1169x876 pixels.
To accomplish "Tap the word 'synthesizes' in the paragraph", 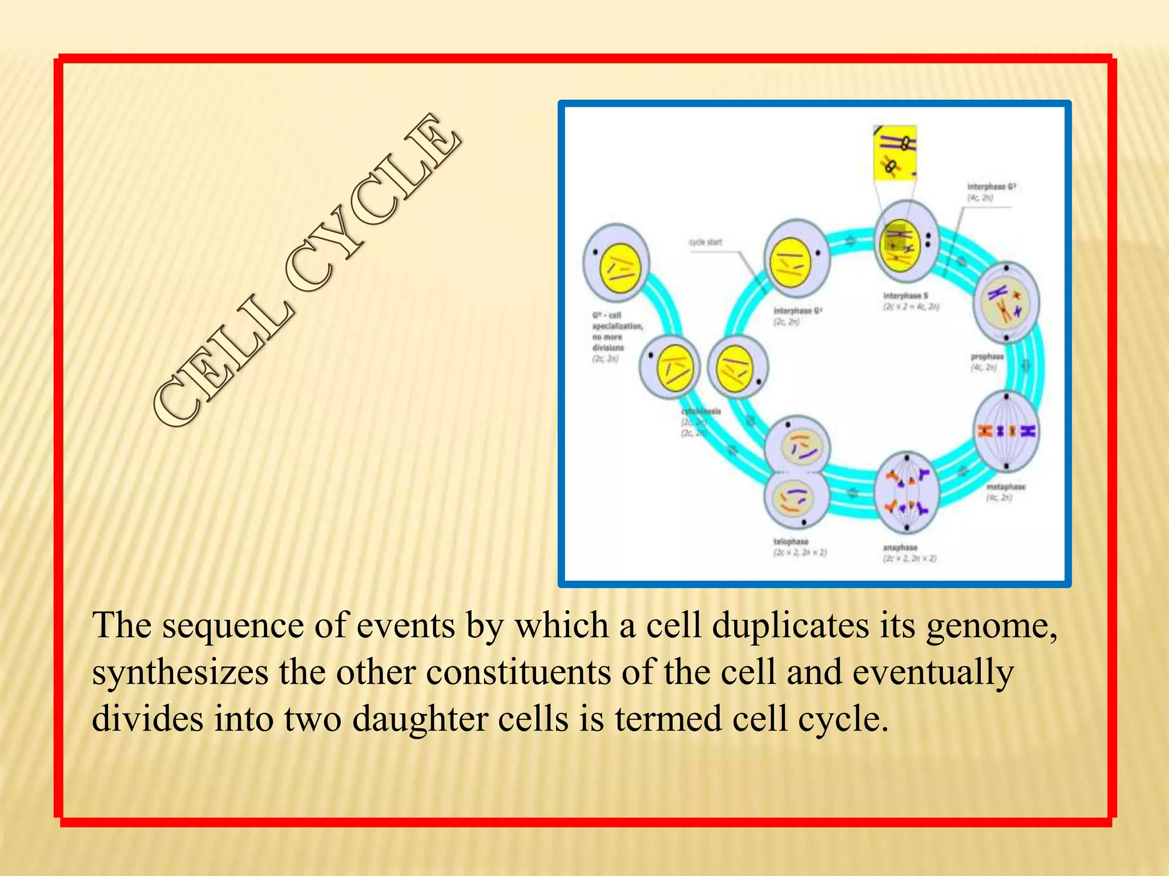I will [x=180, y=674].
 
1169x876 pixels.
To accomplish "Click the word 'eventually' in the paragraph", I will [x=933, y=674].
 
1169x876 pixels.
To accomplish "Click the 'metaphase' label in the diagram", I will [x=1006, y=487].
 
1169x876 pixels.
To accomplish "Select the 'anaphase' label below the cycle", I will [x=900, y=547].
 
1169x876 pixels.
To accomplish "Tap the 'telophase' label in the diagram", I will [x=791, y=541].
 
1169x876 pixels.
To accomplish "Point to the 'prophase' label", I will [x=987, y=356].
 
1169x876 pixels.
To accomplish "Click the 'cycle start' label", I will [x=705, y=242].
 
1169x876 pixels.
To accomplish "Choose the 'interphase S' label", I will [x=905, y=295].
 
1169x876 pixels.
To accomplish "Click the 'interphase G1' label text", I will [x=797, y=311].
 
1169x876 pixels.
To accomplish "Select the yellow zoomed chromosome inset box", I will [x=894, y=153].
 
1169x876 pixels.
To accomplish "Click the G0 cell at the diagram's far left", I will [x=616, y=263].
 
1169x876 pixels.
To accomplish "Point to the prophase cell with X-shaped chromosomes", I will [x=1006, y=302].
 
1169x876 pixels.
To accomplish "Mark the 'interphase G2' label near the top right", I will [x=991, y=186].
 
